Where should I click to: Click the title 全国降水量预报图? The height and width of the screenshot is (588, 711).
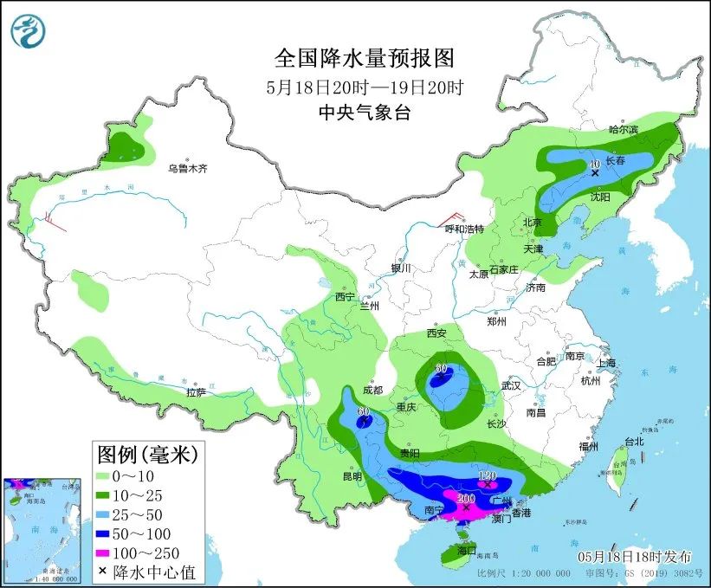pos(364,58)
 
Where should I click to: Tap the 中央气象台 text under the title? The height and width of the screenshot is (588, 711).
pos(364,112)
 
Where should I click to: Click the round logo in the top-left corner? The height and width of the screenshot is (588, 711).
pos(27,32)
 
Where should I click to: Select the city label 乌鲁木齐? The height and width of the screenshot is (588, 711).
pos(188,168)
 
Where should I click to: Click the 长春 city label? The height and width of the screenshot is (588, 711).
pos(616,161)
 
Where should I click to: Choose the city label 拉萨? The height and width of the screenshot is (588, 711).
pos(196,392)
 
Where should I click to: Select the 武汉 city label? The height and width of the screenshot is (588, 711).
pos(511,385)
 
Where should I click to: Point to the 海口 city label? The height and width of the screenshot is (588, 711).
pos(469,551)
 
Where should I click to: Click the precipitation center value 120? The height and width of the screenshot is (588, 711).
pos(487,476)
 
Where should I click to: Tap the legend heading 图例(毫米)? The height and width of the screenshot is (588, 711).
pos(147,452)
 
